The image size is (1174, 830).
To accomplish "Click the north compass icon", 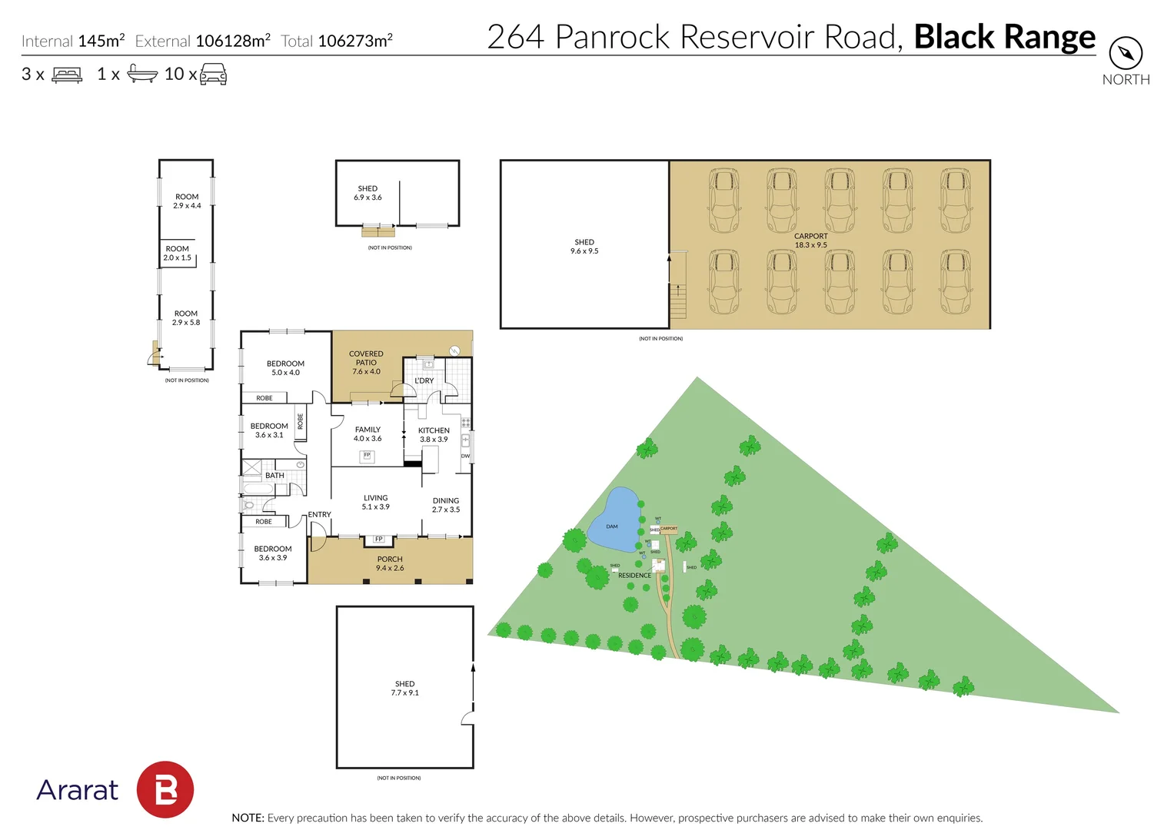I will (x=1126, y=53).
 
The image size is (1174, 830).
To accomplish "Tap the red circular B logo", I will (x=165, y=789).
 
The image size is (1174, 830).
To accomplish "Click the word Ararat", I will (x=78, y=790).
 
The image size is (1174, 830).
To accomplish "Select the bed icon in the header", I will (x=67, y=75).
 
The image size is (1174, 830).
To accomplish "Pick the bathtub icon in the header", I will (x=142, y=74).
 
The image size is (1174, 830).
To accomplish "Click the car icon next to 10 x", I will (x=213, y=75).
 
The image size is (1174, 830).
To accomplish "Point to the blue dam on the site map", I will (x=616, y=522).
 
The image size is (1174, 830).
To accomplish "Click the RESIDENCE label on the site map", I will (x=634, y=576).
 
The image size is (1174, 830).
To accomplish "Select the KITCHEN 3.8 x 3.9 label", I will (x=434, y=435).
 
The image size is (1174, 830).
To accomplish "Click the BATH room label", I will (x=274, y=476).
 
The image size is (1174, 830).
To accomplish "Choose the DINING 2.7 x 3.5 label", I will (x=446, y=505).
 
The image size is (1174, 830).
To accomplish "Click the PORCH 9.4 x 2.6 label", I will (x=390, y=563).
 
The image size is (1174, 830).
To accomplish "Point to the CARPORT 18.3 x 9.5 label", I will (x=811, y=241).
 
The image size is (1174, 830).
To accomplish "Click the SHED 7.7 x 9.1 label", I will (x=404, y=688).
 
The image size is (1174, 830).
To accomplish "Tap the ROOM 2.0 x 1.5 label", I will (x=177, y=253).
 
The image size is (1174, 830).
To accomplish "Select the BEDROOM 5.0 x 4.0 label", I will (x=285, y=368).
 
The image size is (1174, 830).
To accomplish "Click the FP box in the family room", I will (x=367, y=456).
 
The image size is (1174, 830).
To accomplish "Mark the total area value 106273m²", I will (x=355, y=41).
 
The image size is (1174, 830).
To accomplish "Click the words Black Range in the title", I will (x=1004, y=37).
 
